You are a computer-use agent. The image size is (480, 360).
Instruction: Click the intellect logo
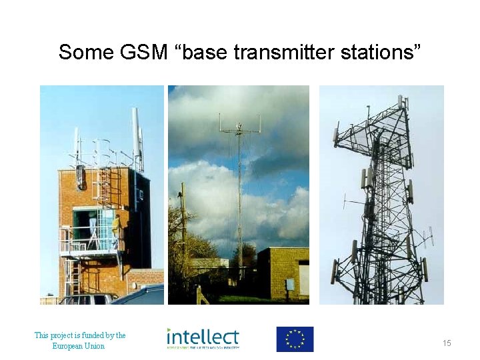tap(203, 338)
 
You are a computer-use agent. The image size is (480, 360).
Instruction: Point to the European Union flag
tap(295, 339)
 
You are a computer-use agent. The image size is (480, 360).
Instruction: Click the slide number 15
tap(447, 343)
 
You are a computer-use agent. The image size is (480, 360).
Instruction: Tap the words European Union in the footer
tap(79, 346)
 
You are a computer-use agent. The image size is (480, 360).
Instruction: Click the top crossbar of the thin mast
tap(239, 130)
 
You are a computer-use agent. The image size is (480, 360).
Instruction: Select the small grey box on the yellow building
tap(290, 284)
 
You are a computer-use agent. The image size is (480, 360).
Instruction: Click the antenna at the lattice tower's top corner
tap(401, 101)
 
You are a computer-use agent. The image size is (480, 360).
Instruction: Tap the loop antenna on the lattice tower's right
tap(426, 236)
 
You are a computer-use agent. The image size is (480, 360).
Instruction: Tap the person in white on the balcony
tap(93, 225)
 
